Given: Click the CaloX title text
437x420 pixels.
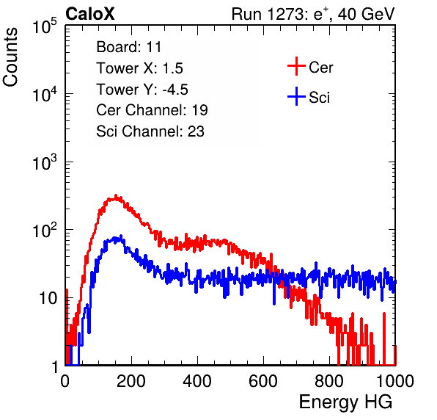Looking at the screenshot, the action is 90,14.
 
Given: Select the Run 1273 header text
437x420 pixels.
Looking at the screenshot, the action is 313,14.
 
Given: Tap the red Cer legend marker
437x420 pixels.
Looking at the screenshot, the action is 296,66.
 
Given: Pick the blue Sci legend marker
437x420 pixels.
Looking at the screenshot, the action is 296,96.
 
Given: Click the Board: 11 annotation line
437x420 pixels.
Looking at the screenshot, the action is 129,47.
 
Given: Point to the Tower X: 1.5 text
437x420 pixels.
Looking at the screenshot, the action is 139,68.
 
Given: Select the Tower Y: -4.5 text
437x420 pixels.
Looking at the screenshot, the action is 142,90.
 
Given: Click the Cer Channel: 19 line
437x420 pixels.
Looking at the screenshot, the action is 152,110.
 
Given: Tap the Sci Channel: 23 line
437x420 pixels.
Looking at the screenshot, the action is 150,131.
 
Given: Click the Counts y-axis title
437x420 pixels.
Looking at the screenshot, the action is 10,57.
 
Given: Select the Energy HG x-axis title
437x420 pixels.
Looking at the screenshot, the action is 345,402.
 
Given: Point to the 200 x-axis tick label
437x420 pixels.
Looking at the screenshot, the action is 131,381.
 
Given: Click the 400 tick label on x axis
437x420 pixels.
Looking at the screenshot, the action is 197,381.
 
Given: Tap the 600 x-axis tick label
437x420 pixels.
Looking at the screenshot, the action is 263,381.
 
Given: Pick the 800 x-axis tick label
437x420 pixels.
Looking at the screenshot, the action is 329,381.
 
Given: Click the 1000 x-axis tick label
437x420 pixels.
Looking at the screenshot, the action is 395,381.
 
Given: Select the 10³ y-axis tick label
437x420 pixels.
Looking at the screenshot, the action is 45,162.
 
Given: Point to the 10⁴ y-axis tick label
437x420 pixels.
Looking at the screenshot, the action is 45,94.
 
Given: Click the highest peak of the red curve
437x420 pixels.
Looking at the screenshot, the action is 116,195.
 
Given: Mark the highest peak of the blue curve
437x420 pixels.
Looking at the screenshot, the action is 121,235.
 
